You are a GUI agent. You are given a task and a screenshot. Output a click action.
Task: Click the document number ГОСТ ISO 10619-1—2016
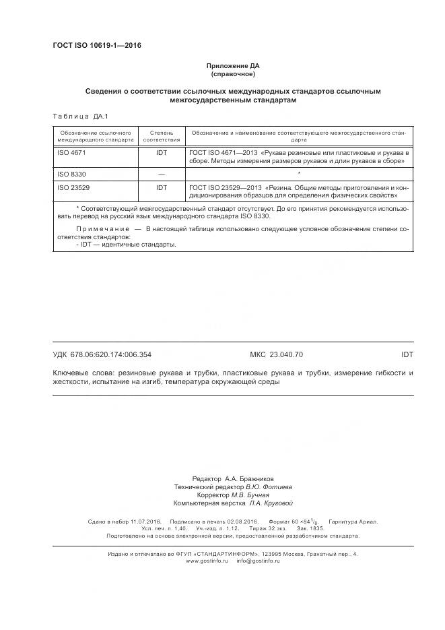pyautogui.click(x=96, y=46)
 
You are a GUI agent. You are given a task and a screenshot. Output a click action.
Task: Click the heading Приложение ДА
pyautogui.click(x=232, y=66)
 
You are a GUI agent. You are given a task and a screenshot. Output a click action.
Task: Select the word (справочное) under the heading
pyautogui.click(x=232, y=74)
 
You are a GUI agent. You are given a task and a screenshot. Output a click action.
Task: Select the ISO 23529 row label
pyautogui.click(x=73, y=187)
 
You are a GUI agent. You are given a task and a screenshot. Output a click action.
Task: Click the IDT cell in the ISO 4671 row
pyautogui.click(x=162, y=154)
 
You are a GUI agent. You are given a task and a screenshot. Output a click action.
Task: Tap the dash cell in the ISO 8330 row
pyautogui.click(x=162, y=175)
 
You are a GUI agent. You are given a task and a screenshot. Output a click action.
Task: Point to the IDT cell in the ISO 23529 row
pyautogui.click(x=162, y=187)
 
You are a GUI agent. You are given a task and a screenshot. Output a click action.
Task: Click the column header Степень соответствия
pyautogui.click(x=162, y=136)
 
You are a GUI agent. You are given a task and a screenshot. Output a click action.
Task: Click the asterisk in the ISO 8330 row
pyautogui.click(x=298, y=175)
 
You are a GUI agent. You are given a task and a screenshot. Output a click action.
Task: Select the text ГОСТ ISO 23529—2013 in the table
pyautogui.click(x=226, y=187)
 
